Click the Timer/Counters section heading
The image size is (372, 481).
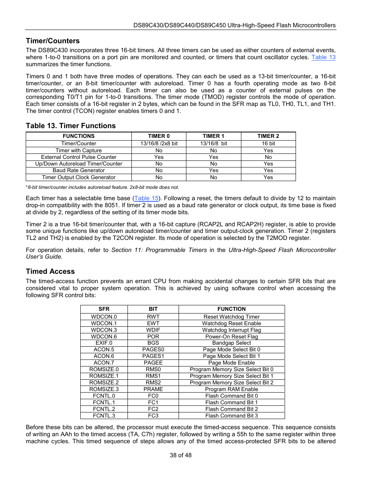(53, 41)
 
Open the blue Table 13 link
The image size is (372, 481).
(323, 57)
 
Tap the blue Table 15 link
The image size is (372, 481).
(146, 198)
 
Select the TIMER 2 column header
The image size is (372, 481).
(268, 136)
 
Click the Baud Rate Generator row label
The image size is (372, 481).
(79, 171)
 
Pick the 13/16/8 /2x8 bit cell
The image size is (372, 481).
(159, 143)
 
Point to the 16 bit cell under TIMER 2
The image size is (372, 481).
(268, 143)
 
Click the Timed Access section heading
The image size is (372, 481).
(50, 271)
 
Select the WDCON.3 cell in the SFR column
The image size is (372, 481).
(104, 330)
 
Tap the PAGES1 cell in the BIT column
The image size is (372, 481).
(153, 356)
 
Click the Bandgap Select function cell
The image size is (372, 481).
(232, 343)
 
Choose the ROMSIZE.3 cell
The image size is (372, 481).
(104, 389)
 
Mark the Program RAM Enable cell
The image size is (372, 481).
(232, 389)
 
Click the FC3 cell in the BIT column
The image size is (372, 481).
(153, 416)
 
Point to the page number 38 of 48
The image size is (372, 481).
(181, 455)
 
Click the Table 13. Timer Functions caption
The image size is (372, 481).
(71, 126)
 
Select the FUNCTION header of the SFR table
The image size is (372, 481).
(232, 309)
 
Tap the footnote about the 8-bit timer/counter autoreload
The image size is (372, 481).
(103, 187)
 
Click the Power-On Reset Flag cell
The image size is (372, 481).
(232, 337)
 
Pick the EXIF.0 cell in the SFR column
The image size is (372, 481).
(104, 343)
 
